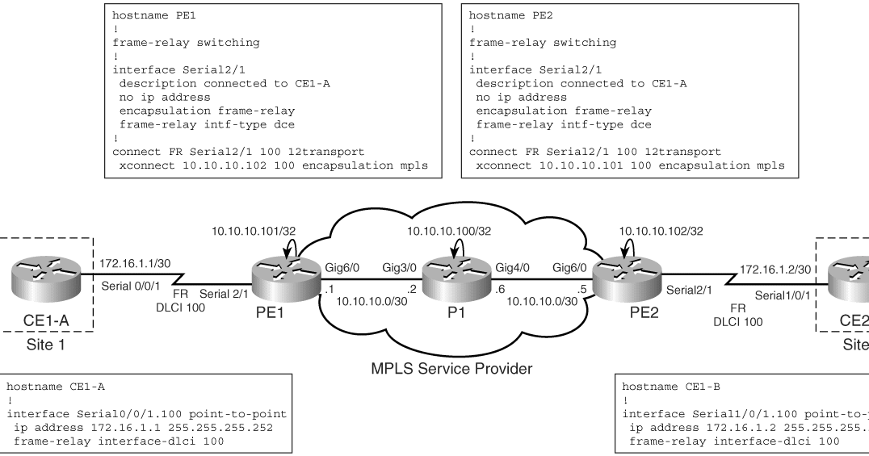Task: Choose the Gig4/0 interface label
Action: (x=488, y=266)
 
